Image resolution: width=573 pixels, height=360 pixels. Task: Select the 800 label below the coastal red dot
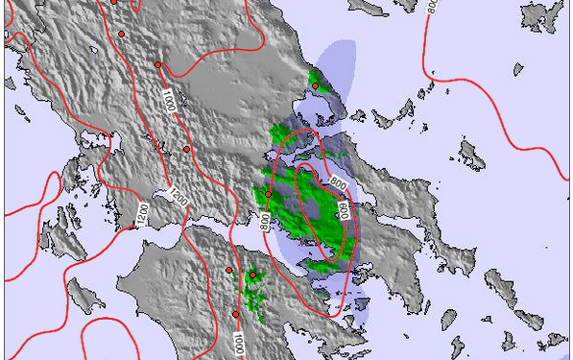[x=266, y=220]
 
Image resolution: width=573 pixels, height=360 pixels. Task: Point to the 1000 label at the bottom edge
[x=240, y=343]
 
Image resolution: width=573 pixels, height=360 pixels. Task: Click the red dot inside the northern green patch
[x=315, y=86]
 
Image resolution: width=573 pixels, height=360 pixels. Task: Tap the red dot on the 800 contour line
[x=268, y=195]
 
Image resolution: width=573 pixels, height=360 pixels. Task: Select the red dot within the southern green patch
[x=252, y=276]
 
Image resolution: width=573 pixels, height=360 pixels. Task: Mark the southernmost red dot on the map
[x=236, y=314]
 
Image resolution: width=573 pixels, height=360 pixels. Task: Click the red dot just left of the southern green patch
[x=228, y=270]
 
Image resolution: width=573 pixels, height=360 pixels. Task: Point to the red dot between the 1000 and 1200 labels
[x=187, y=149]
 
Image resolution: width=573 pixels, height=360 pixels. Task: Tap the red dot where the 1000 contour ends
[x=158, y=65]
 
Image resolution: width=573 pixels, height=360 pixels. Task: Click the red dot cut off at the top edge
[x=113, y=2]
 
